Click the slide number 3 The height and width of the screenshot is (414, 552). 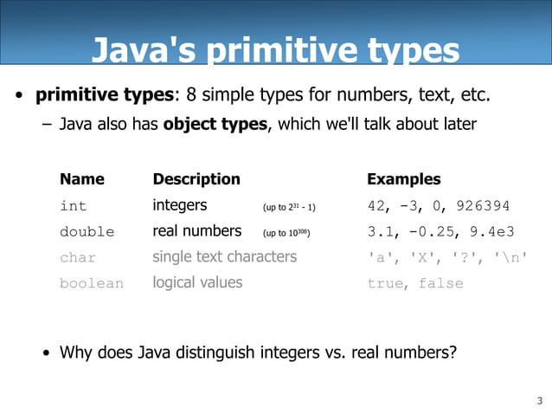(539, 400)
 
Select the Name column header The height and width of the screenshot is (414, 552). (82, 179)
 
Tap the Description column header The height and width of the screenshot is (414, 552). (196, 179)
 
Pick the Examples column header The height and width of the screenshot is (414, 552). (403, 179)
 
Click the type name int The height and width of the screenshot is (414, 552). (74, 206)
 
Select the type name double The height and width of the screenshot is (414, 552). (87, 232)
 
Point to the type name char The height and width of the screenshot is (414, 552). (78, 257)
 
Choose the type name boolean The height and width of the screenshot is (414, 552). (92, 283)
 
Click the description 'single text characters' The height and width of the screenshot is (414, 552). (224, 256)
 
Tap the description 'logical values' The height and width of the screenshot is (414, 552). (197, 282)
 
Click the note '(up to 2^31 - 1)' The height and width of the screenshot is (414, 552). (289, 208)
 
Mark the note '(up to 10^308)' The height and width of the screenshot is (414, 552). (286, 234)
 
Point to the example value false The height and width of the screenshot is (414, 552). (440, 283)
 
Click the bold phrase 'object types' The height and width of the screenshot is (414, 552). (215, 124)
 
